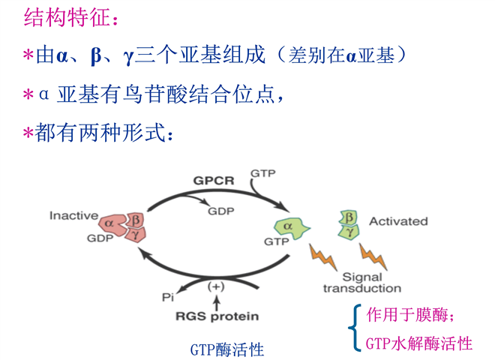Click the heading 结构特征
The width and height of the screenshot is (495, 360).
click(67, 17)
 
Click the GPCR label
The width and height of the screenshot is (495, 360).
click(214, 181)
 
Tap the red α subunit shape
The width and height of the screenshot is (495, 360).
click(112, 225)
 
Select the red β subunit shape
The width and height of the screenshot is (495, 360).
click(135, 219)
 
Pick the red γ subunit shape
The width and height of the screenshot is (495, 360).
click(136, 234)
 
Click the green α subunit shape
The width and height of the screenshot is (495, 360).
click(291, 228)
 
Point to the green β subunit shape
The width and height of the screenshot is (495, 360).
click(349, 217)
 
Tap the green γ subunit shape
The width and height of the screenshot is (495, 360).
click(349, 232)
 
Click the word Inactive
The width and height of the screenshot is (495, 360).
click(73, 216)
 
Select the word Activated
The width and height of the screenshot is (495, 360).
click(398, 221)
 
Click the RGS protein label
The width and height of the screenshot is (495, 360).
click(217, 316)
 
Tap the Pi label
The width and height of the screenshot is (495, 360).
click(168, 297)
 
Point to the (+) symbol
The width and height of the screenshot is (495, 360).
click(216, 286)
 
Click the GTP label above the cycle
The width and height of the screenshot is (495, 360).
click(263, 173)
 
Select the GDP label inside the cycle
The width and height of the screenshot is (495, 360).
click(221, 211)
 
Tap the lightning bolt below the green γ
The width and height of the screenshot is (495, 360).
click(373, 256)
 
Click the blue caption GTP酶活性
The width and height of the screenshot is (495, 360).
click(227, 349)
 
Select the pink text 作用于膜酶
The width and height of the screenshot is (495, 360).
click(409, 315)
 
